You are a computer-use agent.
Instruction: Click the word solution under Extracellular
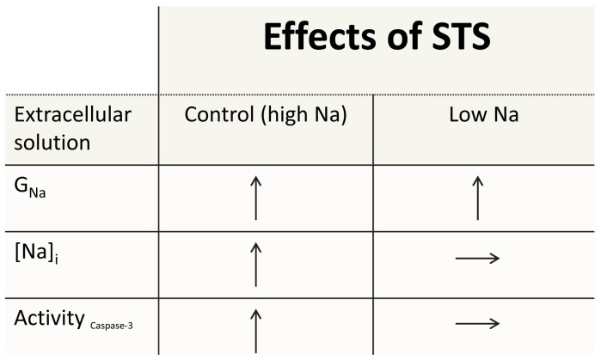(52, 141)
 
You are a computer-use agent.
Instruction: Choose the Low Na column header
(483, 115)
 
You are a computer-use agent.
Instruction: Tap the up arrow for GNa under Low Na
(479, 197)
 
